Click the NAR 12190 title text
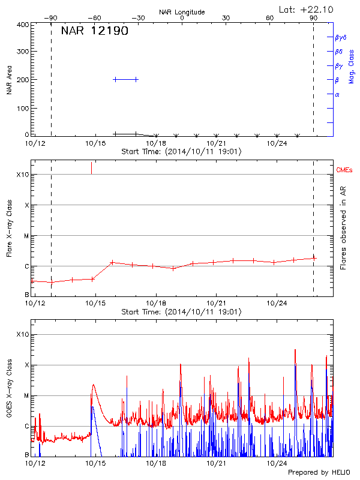coord(94,31)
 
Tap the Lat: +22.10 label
coord(307,9)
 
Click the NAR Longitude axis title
coord(182,12)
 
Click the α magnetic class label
coord(337,94)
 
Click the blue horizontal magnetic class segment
coord(125,79)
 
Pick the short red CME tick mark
coord(92,167)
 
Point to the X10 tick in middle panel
coord(22,175)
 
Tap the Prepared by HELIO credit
coord(319,473)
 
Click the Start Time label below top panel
coord(181,152)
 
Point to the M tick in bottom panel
coord(25,396)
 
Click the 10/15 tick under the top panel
coord(95,143)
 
